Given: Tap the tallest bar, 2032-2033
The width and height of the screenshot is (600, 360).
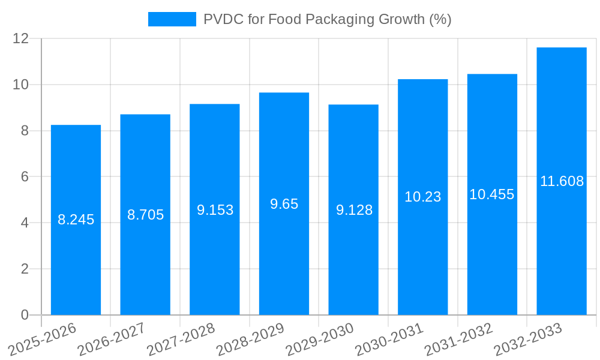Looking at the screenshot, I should [x=562, y=240].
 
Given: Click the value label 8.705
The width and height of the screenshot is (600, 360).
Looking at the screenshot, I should [x=145, y=215].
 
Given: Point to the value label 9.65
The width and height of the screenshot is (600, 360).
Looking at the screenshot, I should [x=284, y=204].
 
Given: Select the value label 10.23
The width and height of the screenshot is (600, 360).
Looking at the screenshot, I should [x=422, y=197].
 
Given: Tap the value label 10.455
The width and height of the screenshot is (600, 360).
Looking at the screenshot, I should [x=491, y=194].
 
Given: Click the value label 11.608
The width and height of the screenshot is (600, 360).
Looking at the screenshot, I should [x=562, y=181].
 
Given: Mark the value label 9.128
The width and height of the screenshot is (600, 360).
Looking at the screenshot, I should [x=354, y=210].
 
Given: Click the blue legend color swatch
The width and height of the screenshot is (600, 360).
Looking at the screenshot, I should [x=172, y=19].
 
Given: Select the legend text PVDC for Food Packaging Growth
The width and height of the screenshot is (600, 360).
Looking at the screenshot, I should [x=327, y=19].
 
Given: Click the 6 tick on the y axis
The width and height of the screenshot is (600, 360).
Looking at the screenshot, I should [x=25, y=177].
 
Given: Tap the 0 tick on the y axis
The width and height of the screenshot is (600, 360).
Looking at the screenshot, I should [x=25, y=315].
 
